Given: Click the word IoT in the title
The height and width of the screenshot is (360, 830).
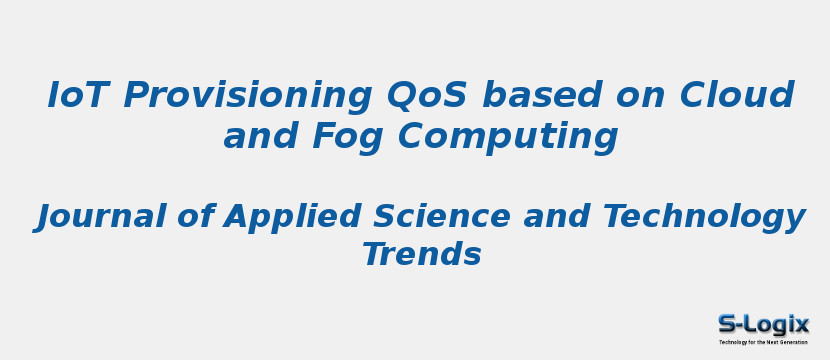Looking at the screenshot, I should [x=79, y=96].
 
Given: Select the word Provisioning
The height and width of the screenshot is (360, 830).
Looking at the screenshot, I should [x=247, y=96].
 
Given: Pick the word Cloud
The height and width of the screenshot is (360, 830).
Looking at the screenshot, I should [x=737, y=96].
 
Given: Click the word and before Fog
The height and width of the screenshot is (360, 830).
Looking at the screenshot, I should [x=260, y=136].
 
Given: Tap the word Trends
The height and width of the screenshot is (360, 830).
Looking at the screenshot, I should [x=421, y=255].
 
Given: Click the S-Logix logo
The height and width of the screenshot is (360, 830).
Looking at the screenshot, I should [x=763, y=326].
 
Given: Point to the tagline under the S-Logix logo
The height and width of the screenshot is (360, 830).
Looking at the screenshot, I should [x=763, y=342].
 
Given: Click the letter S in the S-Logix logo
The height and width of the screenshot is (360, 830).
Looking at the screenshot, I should [x=728, y=324].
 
